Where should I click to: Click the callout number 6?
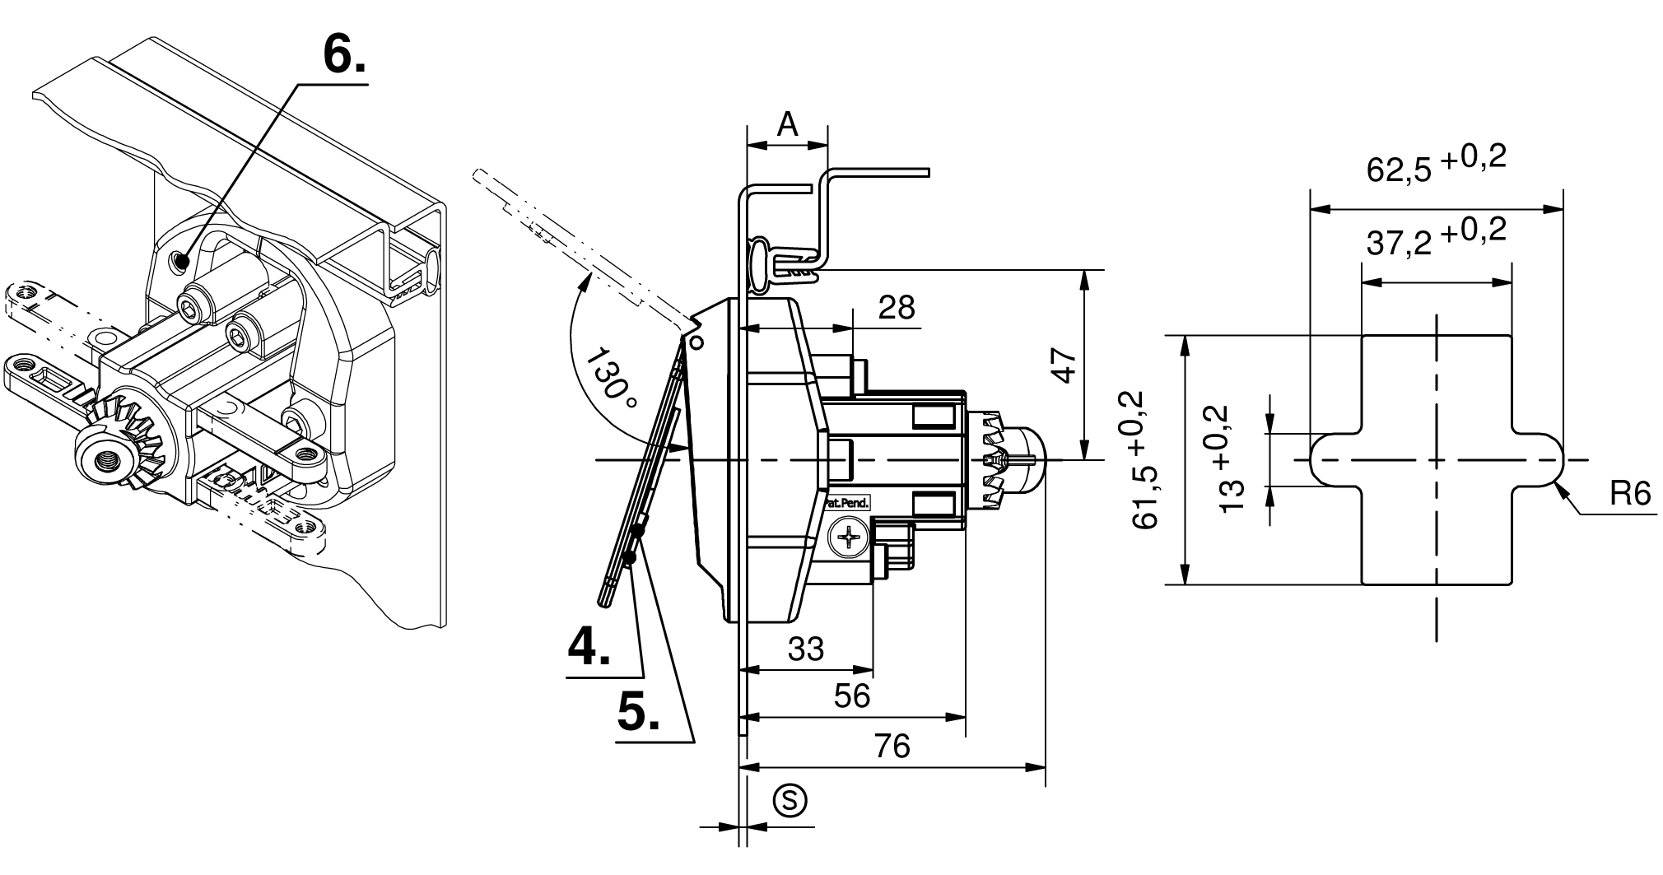[x=344, y=56]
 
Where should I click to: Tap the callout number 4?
[x=589, y=646]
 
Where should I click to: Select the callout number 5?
[x=639, y=712]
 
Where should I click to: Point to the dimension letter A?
[x=788, y=124]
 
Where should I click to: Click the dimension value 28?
[x=897, y=308]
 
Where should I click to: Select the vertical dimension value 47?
[x=1064, y=365]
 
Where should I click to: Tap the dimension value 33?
[x=805, y=649]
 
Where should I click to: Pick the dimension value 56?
[x=851, y=696]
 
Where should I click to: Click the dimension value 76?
[x=892, y=746]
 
